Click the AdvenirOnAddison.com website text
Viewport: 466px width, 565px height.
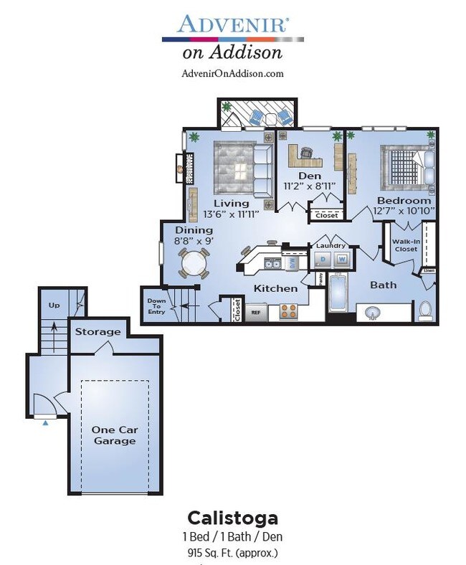click(x=232, y=73)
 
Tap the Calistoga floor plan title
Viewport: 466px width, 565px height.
click(x=232, y=517)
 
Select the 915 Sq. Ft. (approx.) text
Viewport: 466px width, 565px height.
click(x=232, y=552)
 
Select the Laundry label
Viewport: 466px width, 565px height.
click(x=331, y=246)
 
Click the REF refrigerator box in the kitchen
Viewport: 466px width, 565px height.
click(x=255, y=313)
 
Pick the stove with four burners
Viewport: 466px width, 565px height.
click(x=288, y=311)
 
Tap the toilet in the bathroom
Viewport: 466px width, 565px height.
click(x=424, y=309)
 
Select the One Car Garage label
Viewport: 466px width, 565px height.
click(x=115, y=435)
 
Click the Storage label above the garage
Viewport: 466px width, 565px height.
click(x=98, y=332)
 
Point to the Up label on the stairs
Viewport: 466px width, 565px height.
click(x=54, y=305)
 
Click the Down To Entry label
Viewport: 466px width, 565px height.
click(x=156, y=306)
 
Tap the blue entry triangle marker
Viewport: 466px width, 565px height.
click(x=46, y=423)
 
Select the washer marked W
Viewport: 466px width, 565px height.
click(x=342, y=259)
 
